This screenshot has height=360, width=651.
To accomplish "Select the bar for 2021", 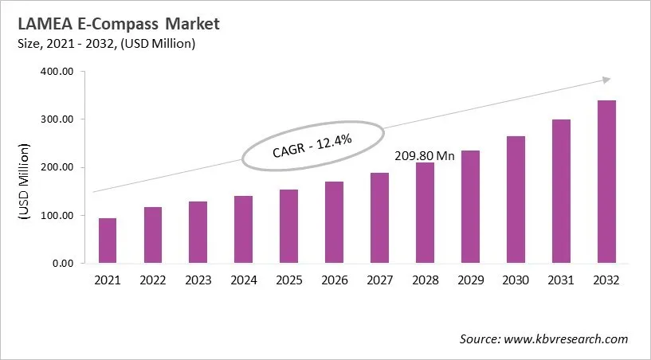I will point(108,241).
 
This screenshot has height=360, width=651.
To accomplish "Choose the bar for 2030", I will point(516,199).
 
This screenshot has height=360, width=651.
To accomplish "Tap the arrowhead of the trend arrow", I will point(606,79).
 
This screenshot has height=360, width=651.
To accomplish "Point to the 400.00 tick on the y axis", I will point(57,72).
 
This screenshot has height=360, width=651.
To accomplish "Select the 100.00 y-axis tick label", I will point(57,215).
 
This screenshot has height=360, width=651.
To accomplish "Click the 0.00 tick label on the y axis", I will point(62,263).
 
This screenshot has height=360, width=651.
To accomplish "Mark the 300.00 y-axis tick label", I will point(57,119).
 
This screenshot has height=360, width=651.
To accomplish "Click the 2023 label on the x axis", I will point(198,280).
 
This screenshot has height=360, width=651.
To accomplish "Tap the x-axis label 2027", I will point(379,280).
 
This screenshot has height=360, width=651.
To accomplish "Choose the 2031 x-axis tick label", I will point(561,280).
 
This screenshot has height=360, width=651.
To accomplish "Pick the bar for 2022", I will point(153,235).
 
